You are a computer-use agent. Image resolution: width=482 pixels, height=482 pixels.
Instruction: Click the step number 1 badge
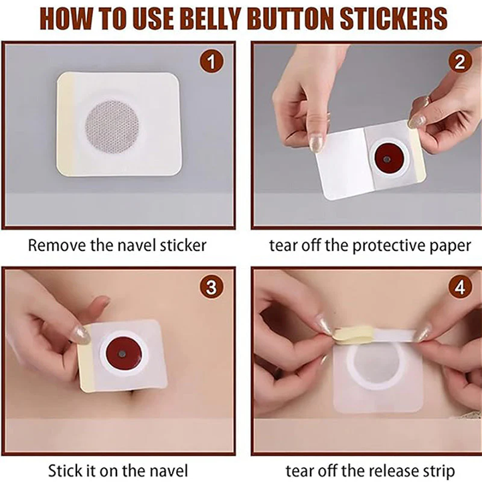211,62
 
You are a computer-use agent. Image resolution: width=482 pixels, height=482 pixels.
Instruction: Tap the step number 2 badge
460,62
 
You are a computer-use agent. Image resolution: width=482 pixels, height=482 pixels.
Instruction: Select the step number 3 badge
211,287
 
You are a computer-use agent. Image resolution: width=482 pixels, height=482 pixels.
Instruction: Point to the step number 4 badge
460,287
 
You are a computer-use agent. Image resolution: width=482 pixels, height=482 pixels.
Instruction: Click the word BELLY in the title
213,19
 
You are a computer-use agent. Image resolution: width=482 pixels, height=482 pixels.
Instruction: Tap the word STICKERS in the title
394,19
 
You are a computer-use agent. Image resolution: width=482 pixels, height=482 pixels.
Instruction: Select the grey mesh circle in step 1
112,127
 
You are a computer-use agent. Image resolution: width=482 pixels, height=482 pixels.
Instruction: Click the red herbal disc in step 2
387,159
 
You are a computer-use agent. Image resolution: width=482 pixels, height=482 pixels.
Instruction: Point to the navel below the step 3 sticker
133,393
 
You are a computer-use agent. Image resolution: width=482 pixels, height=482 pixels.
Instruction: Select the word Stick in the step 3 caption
63,471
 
